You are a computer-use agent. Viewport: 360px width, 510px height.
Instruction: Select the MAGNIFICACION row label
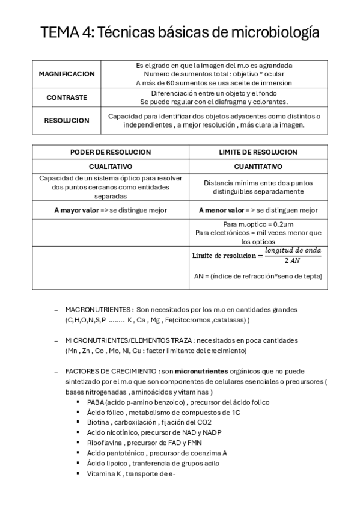click(67, 74)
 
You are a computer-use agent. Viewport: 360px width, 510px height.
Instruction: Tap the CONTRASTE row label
click(67, 97)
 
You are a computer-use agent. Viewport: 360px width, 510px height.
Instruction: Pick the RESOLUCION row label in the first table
click(67, 120)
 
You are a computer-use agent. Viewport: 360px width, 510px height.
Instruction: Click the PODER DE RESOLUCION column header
click(111, 152)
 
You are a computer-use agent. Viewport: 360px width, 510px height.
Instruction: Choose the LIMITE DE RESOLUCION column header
click(258, 152)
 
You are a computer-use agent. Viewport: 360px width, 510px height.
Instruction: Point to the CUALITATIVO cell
click(111, 166)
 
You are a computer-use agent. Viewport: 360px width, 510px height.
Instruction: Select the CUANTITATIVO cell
click(258, 166)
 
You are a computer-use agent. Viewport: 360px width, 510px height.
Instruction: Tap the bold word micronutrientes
click(203, 372)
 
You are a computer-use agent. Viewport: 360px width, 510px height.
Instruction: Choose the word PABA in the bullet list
click(96, 402)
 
